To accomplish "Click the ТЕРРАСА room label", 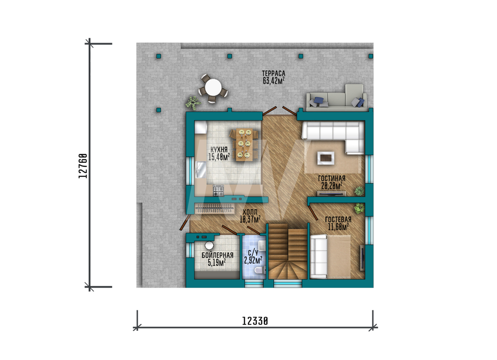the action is pos(273,73).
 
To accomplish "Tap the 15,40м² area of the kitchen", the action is pos(219,157).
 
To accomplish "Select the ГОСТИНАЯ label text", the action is pos(331,179).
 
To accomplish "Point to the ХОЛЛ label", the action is pos(250,212).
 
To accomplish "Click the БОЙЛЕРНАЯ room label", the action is pos(218,255).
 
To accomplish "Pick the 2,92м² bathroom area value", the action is pos(253,260).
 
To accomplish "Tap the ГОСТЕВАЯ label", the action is pos(338,219).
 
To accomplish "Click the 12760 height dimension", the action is pos(83,166).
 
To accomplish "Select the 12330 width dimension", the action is pos(255,321).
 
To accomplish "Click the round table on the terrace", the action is pos(213,87).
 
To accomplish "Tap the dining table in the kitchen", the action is pos(245,144).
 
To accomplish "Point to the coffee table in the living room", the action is pos(326,158).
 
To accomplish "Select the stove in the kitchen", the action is pos(218,190).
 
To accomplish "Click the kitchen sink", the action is pos(201,170).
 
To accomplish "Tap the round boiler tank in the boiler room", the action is pos(209,245).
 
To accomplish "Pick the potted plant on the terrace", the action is pos(193,103).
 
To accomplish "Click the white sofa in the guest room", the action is pos(319,256).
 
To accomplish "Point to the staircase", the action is pos(287,251).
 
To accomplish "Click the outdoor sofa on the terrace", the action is pos(336,98).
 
